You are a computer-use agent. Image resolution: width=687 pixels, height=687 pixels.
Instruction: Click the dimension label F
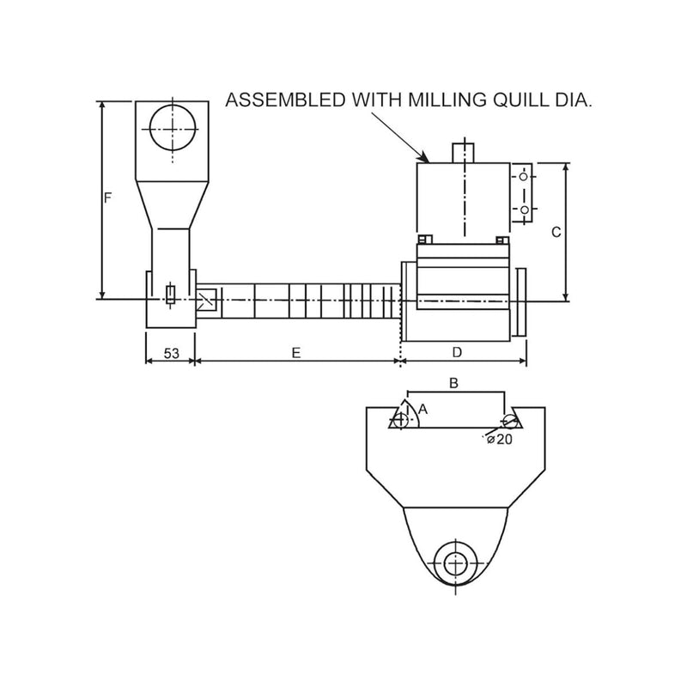coord(108,198)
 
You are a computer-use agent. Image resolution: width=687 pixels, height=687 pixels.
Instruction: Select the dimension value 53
coord(171,353)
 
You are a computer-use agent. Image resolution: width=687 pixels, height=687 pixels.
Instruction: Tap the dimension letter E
coord(296,353)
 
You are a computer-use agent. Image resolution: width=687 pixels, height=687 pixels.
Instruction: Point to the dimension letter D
coord(457,353)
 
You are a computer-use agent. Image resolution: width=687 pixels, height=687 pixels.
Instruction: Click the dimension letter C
coord(556,232)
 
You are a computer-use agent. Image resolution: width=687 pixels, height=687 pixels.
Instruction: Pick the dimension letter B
coord(454,383)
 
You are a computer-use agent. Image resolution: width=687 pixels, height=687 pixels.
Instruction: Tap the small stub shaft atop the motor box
coord(464,150)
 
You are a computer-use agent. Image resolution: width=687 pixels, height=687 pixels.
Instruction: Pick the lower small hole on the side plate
coord(523,209)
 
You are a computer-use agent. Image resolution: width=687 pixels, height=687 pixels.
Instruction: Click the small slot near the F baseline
coord(170,295)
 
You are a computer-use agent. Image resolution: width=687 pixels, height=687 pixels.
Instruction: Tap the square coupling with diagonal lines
coord(207,300)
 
